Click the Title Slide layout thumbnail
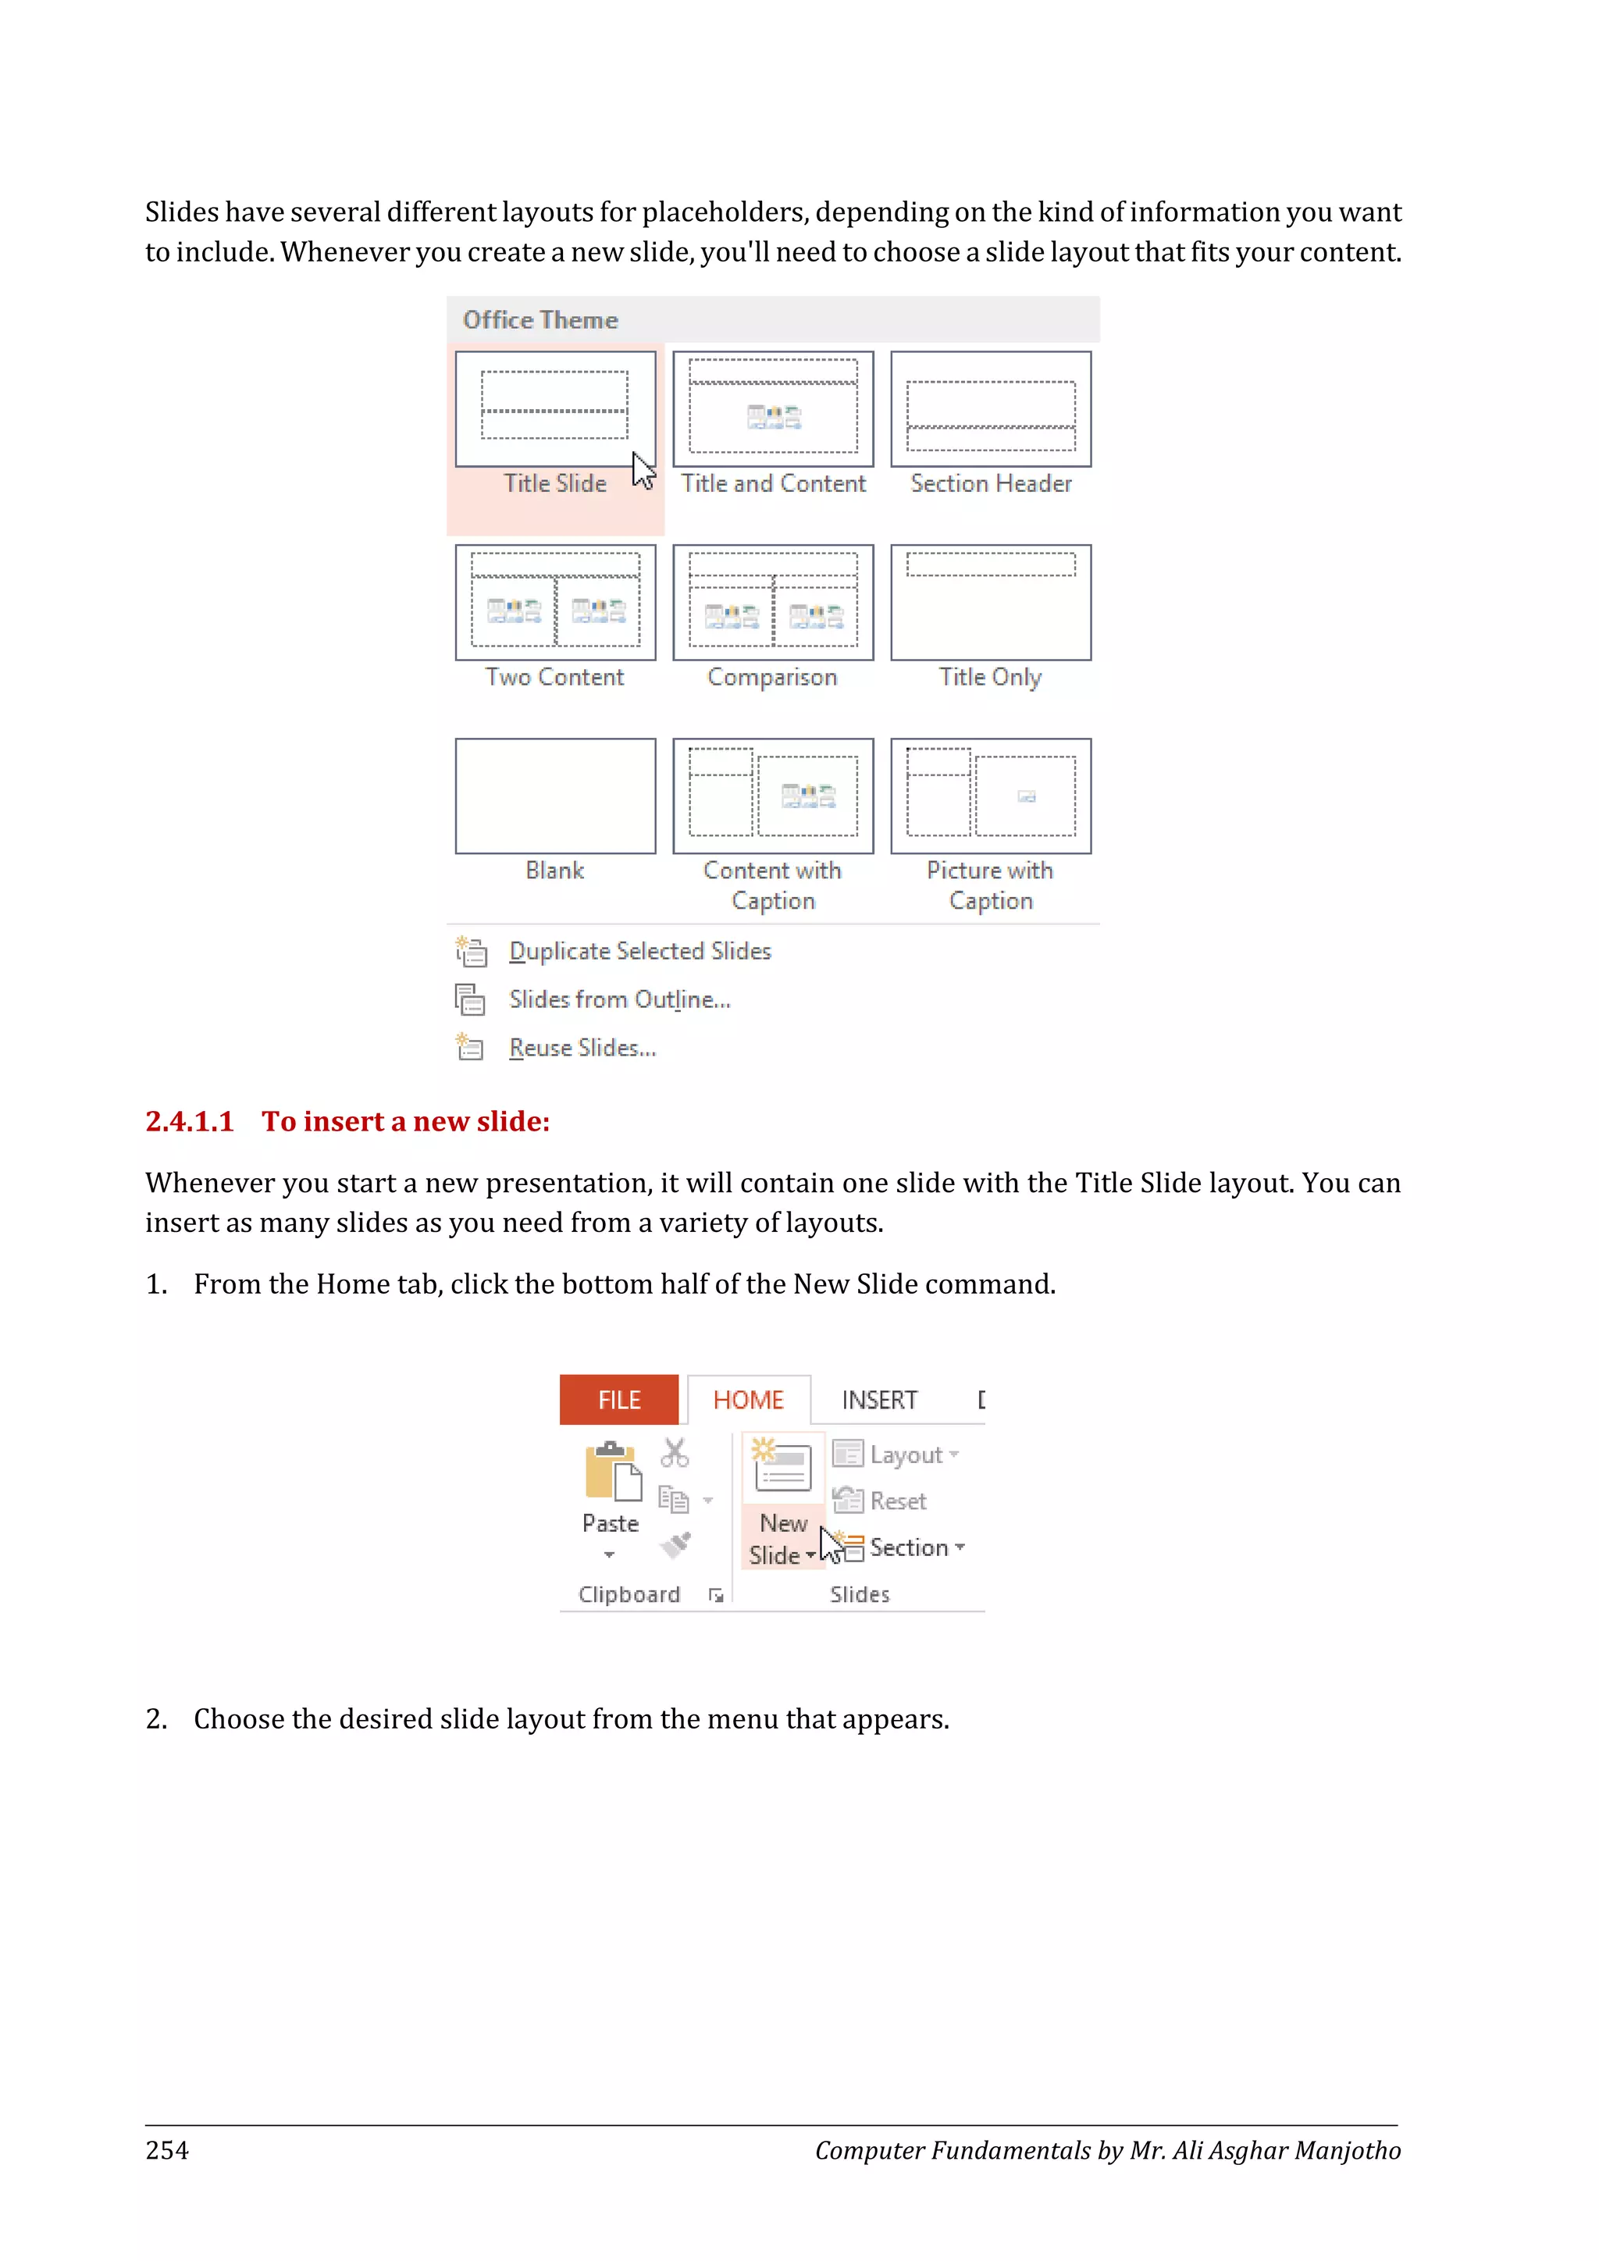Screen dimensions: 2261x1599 pos(554,408)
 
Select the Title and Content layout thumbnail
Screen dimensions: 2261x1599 pos(773,408)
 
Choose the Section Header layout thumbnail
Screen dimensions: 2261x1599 pos(991,408)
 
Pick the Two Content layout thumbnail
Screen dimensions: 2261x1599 pos(554,602)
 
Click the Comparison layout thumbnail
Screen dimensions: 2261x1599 pos(773,602)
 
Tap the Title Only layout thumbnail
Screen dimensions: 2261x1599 pos(991,602)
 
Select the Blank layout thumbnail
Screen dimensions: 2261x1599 pos(554,796)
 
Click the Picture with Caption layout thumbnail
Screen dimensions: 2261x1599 pos(991,796)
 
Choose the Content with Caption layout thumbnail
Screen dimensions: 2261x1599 pos(773,796)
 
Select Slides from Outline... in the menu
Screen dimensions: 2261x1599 pos(619,999)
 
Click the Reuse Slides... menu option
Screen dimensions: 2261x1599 pos(582,1048)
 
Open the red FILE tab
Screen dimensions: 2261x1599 pos(618,1399)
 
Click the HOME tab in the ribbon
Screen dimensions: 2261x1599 pos(748,1399)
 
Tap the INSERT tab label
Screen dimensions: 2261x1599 pos(879,1399)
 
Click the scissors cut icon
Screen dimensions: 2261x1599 pos(675,1452)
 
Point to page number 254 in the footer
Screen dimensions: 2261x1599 pos(167,2149)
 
